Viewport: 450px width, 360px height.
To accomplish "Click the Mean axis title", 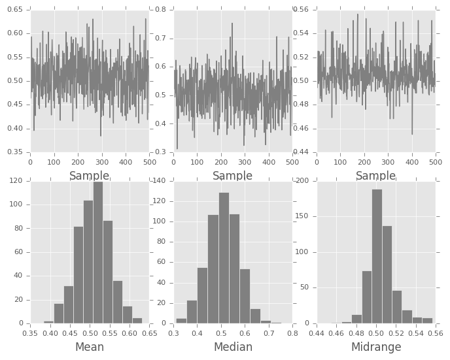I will coord(90,347).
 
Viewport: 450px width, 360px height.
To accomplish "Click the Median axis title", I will coord(233,347).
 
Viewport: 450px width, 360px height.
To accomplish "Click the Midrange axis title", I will coord(375,347).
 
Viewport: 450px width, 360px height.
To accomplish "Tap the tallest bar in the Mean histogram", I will coord(97,253).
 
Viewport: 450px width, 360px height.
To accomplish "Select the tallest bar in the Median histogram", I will coord(224,258).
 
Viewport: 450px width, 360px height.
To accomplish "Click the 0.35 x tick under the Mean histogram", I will coord(31,333).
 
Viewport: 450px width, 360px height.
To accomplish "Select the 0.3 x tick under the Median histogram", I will coord(174,333).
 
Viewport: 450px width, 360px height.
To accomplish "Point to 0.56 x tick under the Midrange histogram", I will coord(435,333).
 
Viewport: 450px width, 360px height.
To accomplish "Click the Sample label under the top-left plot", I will coord(90,176).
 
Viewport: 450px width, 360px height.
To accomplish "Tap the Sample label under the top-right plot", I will coord(375,176).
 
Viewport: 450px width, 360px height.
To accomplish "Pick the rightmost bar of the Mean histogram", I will coord(137,321).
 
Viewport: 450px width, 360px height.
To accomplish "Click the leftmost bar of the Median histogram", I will coord(181,321).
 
